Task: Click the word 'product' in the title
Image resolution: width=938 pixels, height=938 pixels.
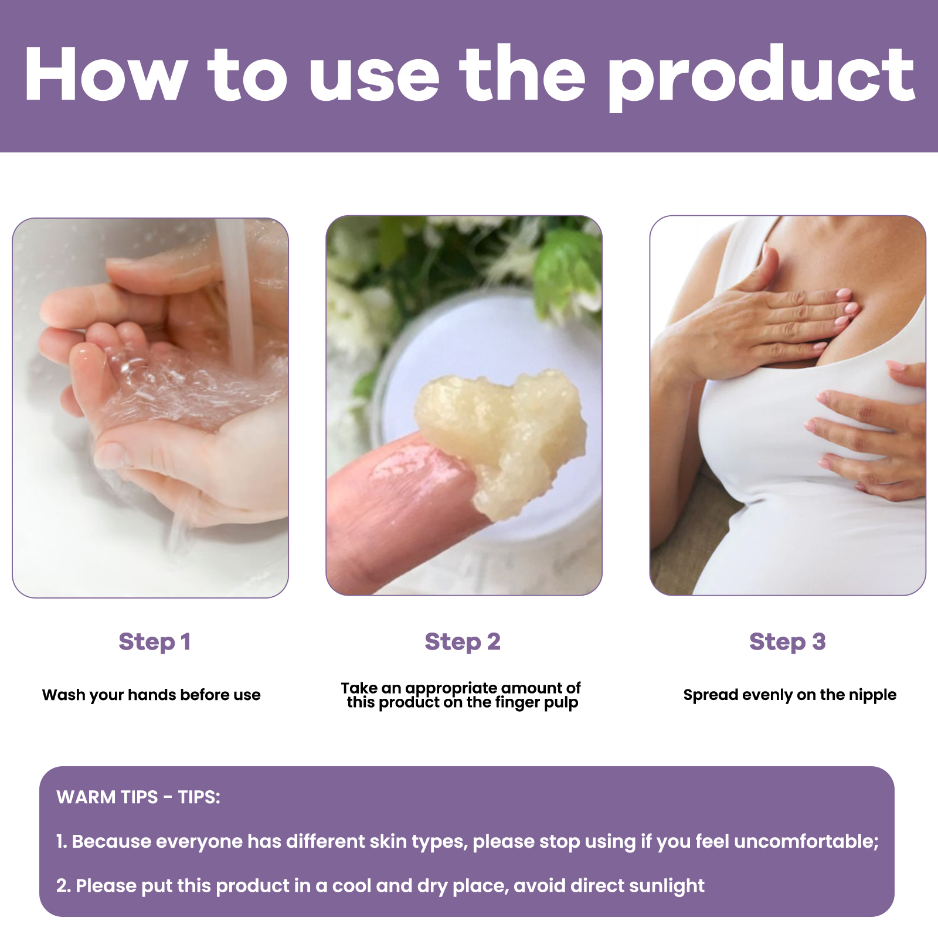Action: (x=761, y=76)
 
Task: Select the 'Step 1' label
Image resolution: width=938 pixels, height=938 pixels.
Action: (x=155, y=642)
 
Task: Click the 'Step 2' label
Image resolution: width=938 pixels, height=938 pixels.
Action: (x=463, y=642)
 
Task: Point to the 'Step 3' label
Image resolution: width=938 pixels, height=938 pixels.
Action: (x=787, y=642)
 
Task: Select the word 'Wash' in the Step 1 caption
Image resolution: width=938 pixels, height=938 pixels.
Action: (x=63, y=695)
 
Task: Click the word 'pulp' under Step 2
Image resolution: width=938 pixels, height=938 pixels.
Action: (x=561, y=703)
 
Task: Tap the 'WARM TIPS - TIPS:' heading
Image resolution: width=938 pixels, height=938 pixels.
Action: (x=138, y=797)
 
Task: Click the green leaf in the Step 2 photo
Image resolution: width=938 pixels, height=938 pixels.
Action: (x=566, y=270)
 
